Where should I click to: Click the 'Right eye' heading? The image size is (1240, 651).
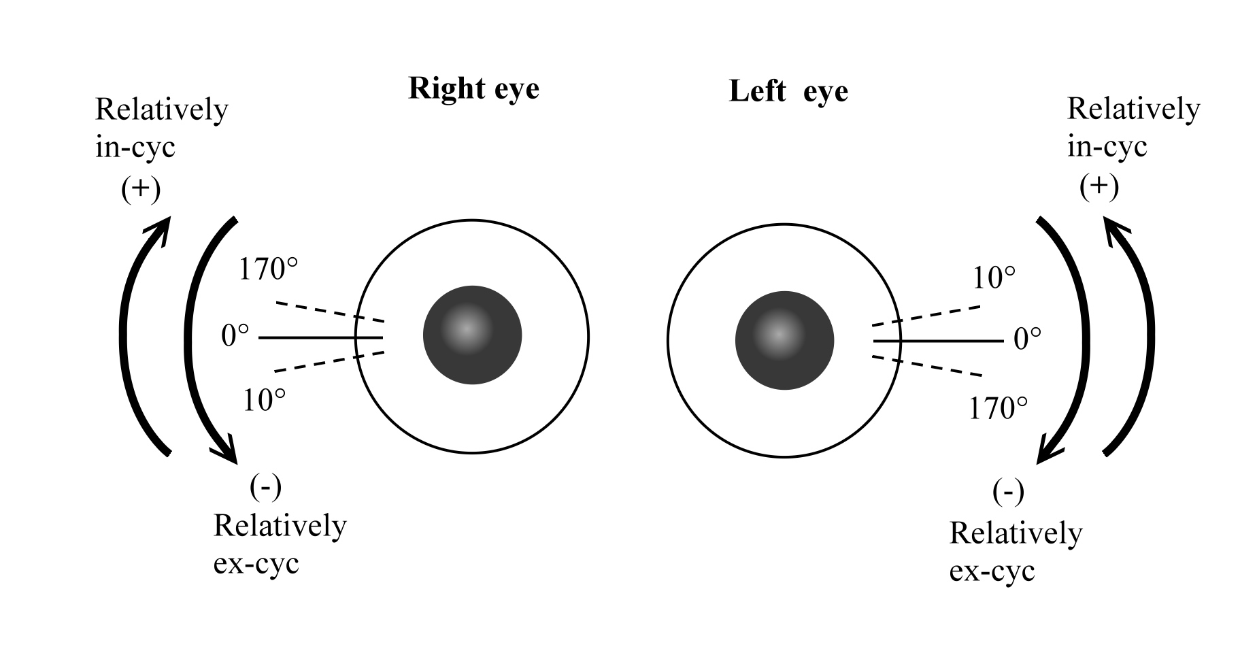click(473, 89)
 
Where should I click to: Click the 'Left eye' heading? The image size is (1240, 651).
click(788, 91)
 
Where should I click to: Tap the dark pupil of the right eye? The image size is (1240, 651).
click(472, 335)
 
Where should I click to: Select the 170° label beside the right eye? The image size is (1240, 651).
click(268, 269)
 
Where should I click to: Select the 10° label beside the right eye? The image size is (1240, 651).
click(264, 401)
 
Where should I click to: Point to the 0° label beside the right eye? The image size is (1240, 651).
click(235, 336)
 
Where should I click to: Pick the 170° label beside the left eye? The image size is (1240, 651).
click(998, 409)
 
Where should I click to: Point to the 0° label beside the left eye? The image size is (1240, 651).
click(1027, 339)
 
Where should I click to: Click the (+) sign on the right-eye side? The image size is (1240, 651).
click(141, 190)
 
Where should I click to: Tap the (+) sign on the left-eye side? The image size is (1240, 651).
click(1099, 188)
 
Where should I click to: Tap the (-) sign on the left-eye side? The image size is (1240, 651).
click(1007, 491)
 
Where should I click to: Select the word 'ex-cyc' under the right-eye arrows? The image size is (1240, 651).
click(256, 565)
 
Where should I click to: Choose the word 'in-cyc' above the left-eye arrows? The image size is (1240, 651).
click(1107, 147)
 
